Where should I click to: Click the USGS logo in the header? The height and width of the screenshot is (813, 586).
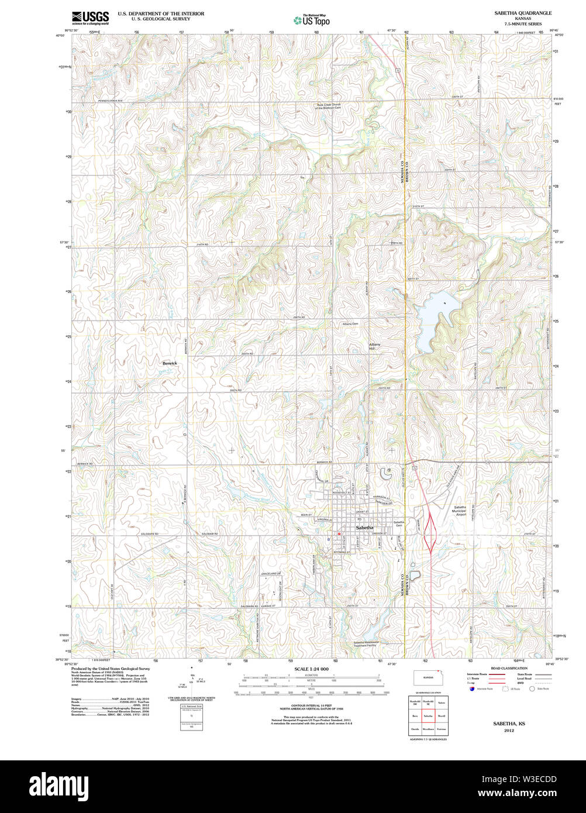(x=90, y=18)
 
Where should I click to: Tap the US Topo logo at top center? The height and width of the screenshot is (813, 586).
(x=312, y=20)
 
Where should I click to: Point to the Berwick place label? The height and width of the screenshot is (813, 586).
(x=170, y=363)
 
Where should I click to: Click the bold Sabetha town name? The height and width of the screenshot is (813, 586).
(x=364, y=528)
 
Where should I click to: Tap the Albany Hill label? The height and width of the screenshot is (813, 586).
(x=374, y=346)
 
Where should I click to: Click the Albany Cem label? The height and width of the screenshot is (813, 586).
(x=350, y=323)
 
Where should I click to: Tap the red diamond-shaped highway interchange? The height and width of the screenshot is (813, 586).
(x=430, y=532)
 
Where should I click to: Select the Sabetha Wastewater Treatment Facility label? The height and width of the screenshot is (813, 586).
(x=366, y=645)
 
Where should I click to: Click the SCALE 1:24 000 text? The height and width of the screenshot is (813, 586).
(x=311, y=669)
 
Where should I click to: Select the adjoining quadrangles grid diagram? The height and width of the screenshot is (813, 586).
(x=427, y=715)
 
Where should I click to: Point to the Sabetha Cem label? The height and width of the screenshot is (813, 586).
(x=399, y=523)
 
